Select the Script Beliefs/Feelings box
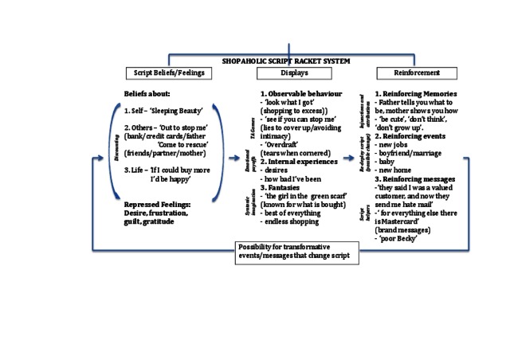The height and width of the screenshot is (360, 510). click(x=167, y=73)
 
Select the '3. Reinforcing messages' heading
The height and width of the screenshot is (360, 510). click(x=417, y=179)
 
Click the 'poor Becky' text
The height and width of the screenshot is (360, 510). click(x=396, y=237)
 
